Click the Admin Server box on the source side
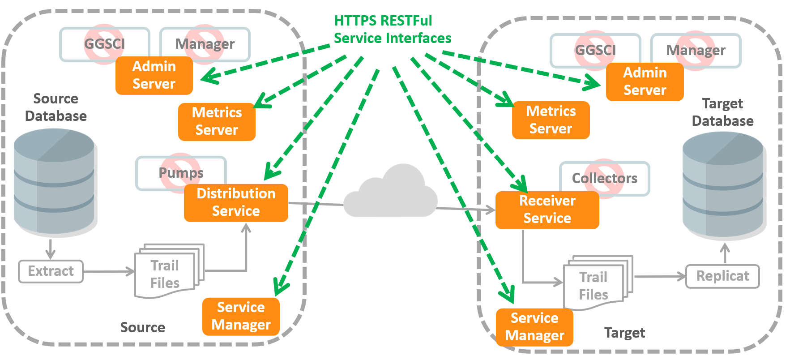point(154,75)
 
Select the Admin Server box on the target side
point(645,81)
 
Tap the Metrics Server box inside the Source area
point(217,121)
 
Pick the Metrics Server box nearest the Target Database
point(551,120)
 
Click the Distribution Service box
point(236,202)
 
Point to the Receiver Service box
point(547,210)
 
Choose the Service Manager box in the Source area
point(241,316)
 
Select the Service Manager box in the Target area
point(534,327)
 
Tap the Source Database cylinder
point(55,181)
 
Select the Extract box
point(51,271)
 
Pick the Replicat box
point(722,276)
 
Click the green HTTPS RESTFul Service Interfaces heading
point(392,30)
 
